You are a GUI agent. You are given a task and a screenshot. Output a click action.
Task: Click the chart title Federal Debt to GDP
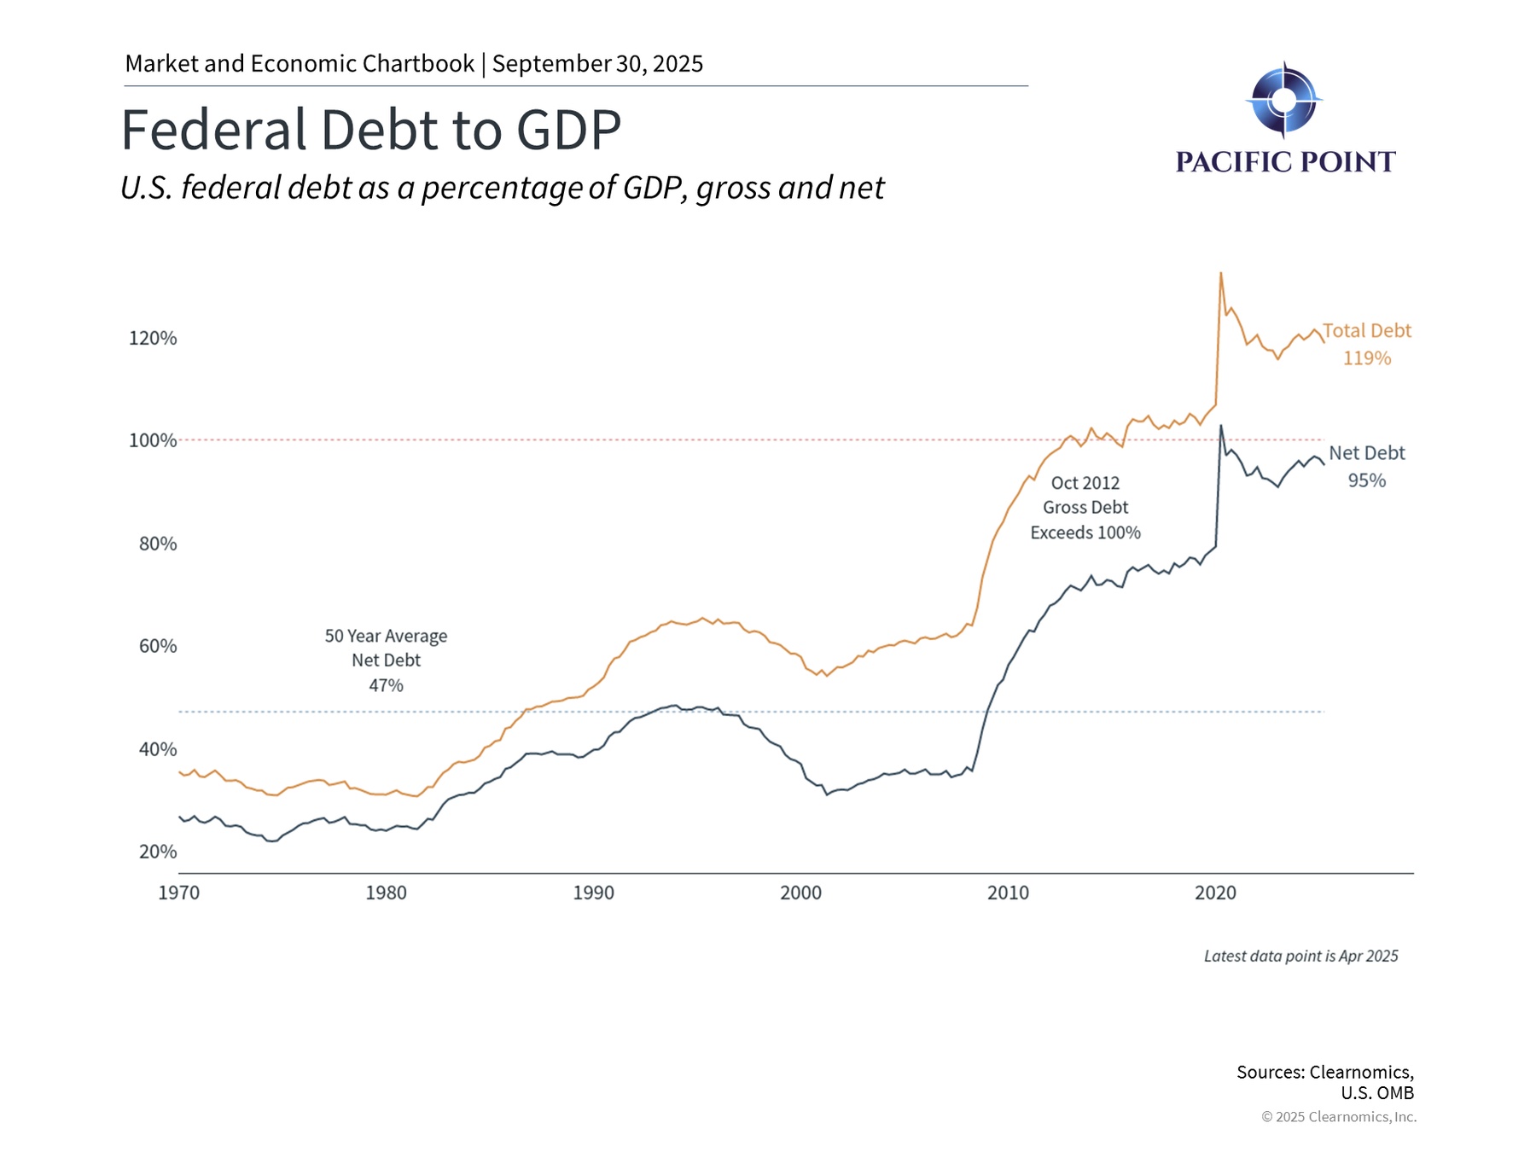click(x=370, y=130)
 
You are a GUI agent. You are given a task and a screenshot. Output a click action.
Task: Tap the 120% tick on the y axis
click(x=153, y=338)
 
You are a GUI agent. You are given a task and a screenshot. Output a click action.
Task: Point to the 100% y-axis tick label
click(x=153, y=440)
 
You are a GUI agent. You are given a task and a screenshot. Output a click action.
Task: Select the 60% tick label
click(x=157, y=646)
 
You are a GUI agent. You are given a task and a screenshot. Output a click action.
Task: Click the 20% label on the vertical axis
click(x=157, y=852)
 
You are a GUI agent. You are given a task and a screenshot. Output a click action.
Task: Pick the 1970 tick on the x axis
click(x=179, y=893)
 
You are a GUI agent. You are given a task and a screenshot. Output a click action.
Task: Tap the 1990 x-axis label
click(x=593, y=893)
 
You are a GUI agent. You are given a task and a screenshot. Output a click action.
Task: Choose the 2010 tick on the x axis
click(x=1008, y=893)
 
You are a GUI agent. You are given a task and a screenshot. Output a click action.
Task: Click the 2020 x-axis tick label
click(x=1215, y=893)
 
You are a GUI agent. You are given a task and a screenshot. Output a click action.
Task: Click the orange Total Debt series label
click(x=1366, y=330)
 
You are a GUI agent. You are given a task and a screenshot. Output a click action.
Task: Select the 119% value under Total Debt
click(x=1366, y=358)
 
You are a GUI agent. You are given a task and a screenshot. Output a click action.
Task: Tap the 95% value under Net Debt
click(x=1366, y=480)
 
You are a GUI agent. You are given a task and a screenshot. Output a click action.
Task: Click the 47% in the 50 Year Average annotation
click(x=386, y=685)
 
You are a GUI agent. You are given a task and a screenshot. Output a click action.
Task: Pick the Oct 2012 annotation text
click(x=1085, y=483)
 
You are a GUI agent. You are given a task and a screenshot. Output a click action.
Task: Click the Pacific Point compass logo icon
click(x=1283, y=100)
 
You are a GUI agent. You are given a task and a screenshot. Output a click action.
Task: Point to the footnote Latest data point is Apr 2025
click(x=1300, y=957)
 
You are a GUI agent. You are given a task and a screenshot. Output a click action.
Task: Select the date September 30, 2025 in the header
click(x=597, y=64)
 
